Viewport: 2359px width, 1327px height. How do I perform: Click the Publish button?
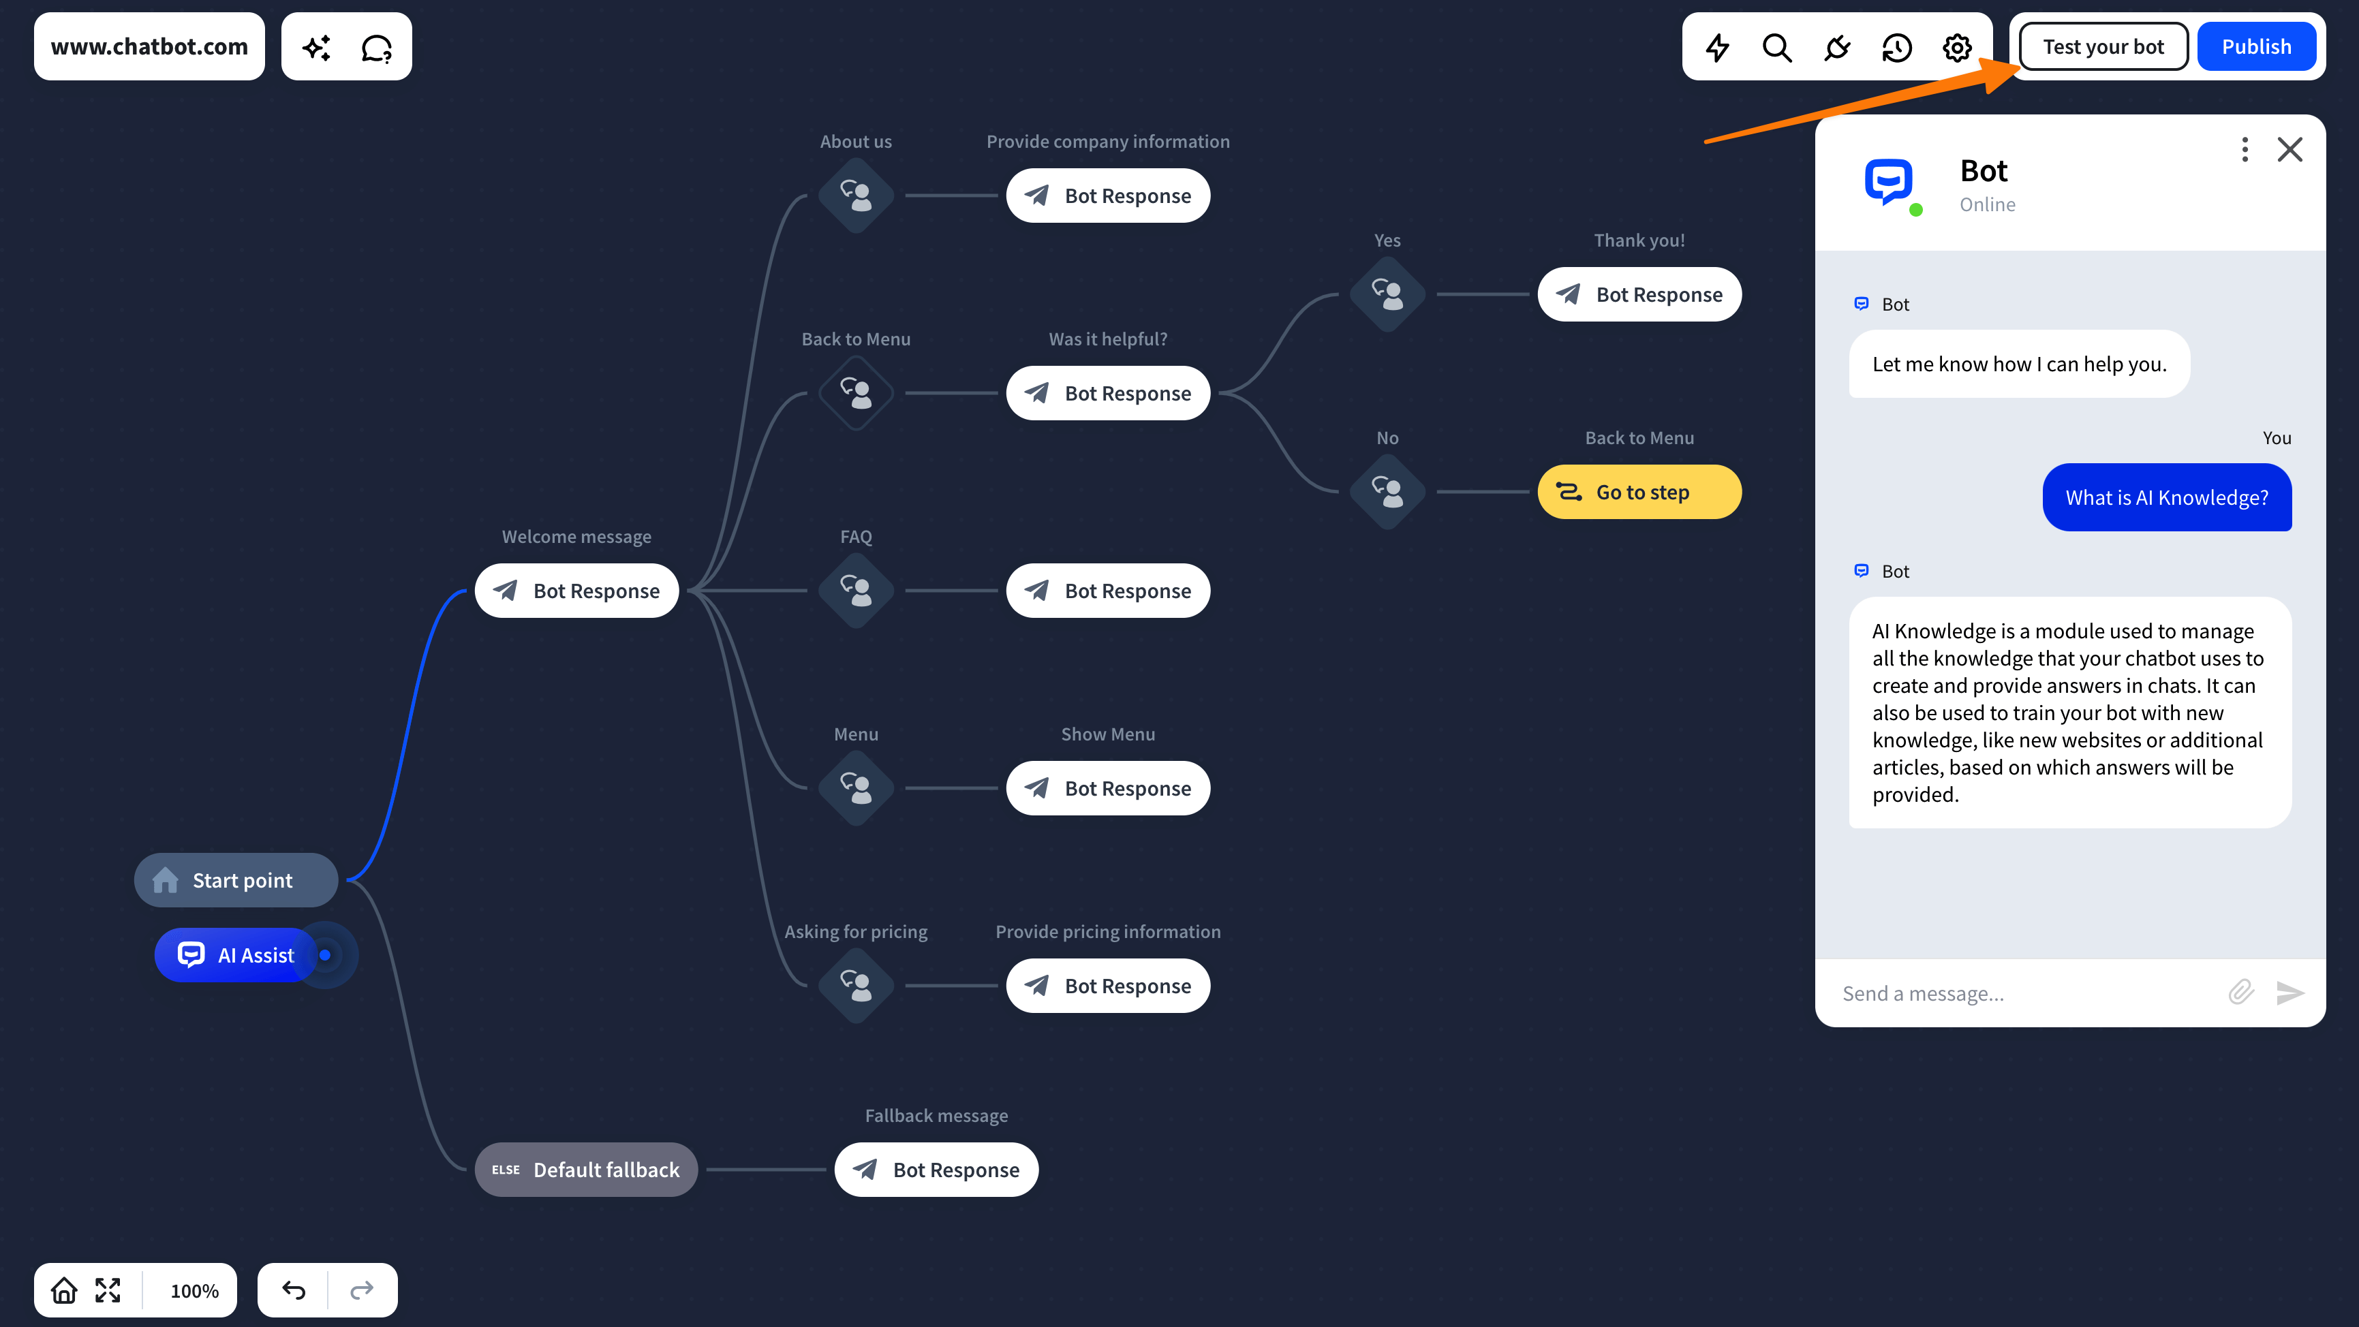(2255, 47)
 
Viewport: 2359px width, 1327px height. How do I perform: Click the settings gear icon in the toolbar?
(1957, 48)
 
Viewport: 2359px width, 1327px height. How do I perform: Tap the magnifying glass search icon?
(1776, 48)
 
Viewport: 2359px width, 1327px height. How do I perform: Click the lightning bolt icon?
(1717, 48)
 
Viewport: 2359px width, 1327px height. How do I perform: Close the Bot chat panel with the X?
(2289, 149)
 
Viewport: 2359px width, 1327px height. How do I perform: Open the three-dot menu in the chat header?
(2245, 149)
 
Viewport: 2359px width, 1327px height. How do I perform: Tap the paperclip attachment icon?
(2241, 992)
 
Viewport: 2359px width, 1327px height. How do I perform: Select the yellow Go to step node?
(1639, 492)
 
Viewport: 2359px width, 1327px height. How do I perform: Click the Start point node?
(236, 880)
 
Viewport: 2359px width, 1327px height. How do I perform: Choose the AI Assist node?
(236, 955)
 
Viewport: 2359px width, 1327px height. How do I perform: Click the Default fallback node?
(586, 1170)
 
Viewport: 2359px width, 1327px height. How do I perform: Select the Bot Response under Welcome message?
(577, 591)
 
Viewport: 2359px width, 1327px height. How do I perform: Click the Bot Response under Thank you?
(1639, 294)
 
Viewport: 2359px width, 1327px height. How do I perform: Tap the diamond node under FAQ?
(857, 591)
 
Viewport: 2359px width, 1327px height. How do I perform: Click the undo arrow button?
(293, 1290)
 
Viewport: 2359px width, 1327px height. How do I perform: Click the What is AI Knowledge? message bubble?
(2167, 497)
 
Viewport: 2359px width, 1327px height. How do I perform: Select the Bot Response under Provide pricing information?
(1108, 986)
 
